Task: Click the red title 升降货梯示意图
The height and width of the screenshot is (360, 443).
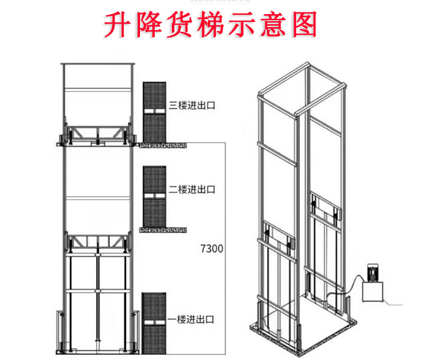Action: click(211, 25)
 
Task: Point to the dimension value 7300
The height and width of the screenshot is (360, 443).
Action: click(210, 248)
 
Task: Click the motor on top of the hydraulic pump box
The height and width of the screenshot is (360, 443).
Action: click(374, 273)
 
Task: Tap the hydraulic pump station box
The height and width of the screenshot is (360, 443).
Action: click(373, 293)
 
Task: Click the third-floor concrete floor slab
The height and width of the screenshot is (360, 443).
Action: click(164, 143)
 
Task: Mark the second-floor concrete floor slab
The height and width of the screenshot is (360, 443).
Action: click(164, 228)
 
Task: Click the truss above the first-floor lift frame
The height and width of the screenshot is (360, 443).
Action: click(97, 243)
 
